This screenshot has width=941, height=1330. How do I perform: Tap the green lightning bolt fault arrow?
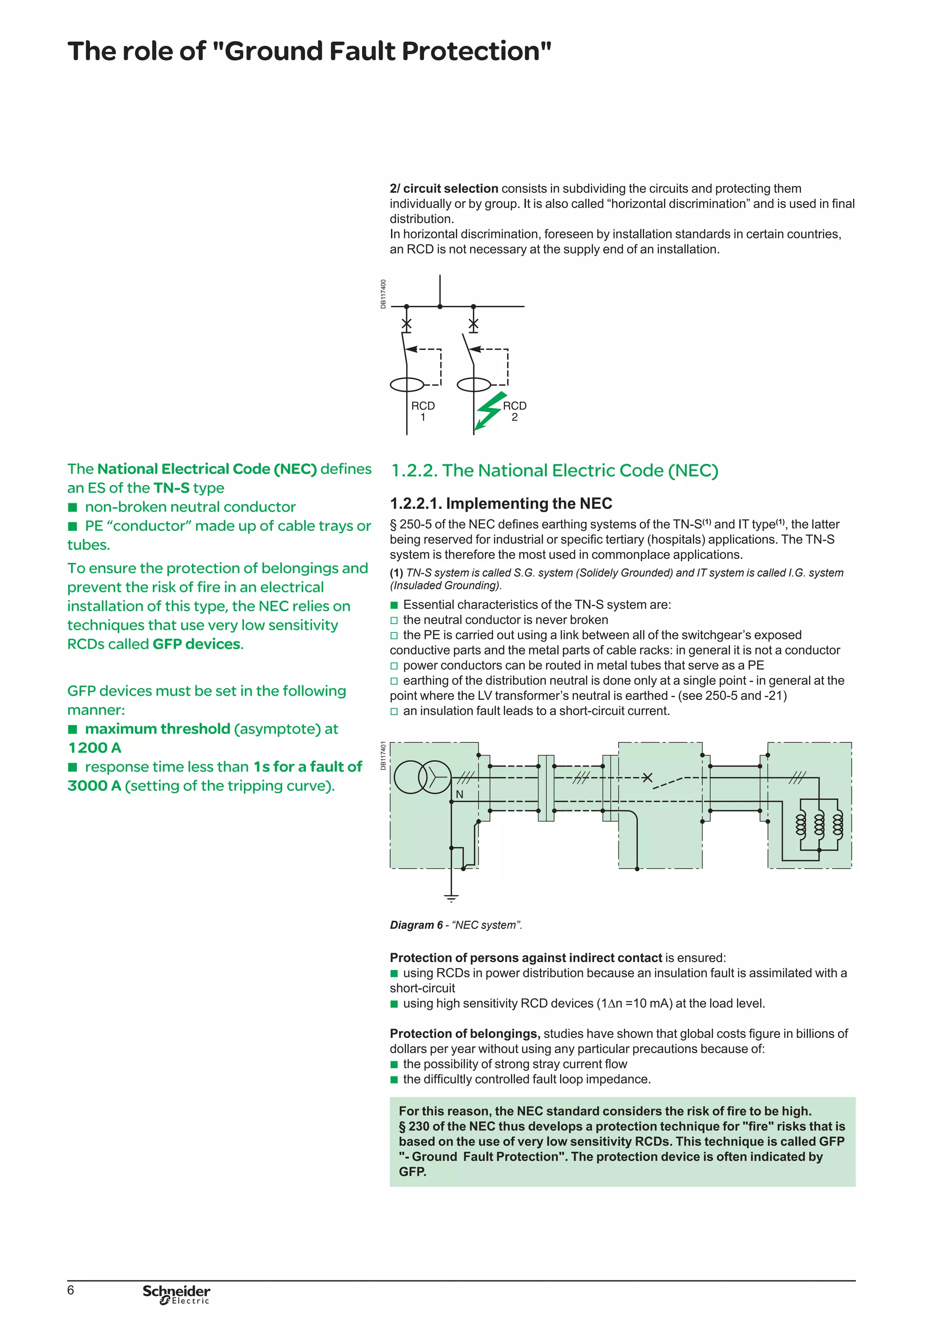488,411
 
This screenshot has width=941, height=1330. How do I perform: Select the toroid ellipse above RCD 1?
408,384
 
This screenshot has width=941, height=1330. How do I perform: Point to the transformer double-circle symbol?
422,777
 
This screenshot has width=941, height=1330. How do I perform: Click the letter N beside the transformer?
459,794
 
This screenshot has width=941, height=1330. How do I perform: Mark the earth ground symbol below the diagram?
451,898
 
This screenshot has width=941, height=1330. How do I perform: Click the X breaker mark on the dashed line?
648,778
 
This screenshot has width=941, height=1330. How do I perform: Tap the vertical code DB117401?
383,755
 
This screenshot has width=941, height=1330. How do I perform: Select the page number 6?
71,1290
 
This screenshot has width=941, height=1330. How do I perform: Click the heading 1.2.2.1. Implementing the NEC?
501,503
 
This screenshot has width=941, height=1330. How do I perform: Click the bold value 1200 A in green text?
95,748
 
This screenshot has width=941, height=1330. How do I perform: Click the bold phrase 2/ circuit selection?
444,189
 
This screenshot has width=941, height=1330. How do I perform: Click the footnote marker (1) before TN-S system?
397,573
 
